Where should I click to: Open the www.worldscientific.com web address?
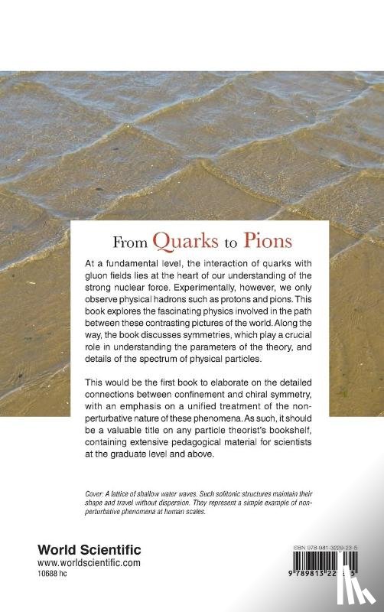pos(89,563)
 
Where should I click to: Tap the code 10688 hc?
pos(57,575)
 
